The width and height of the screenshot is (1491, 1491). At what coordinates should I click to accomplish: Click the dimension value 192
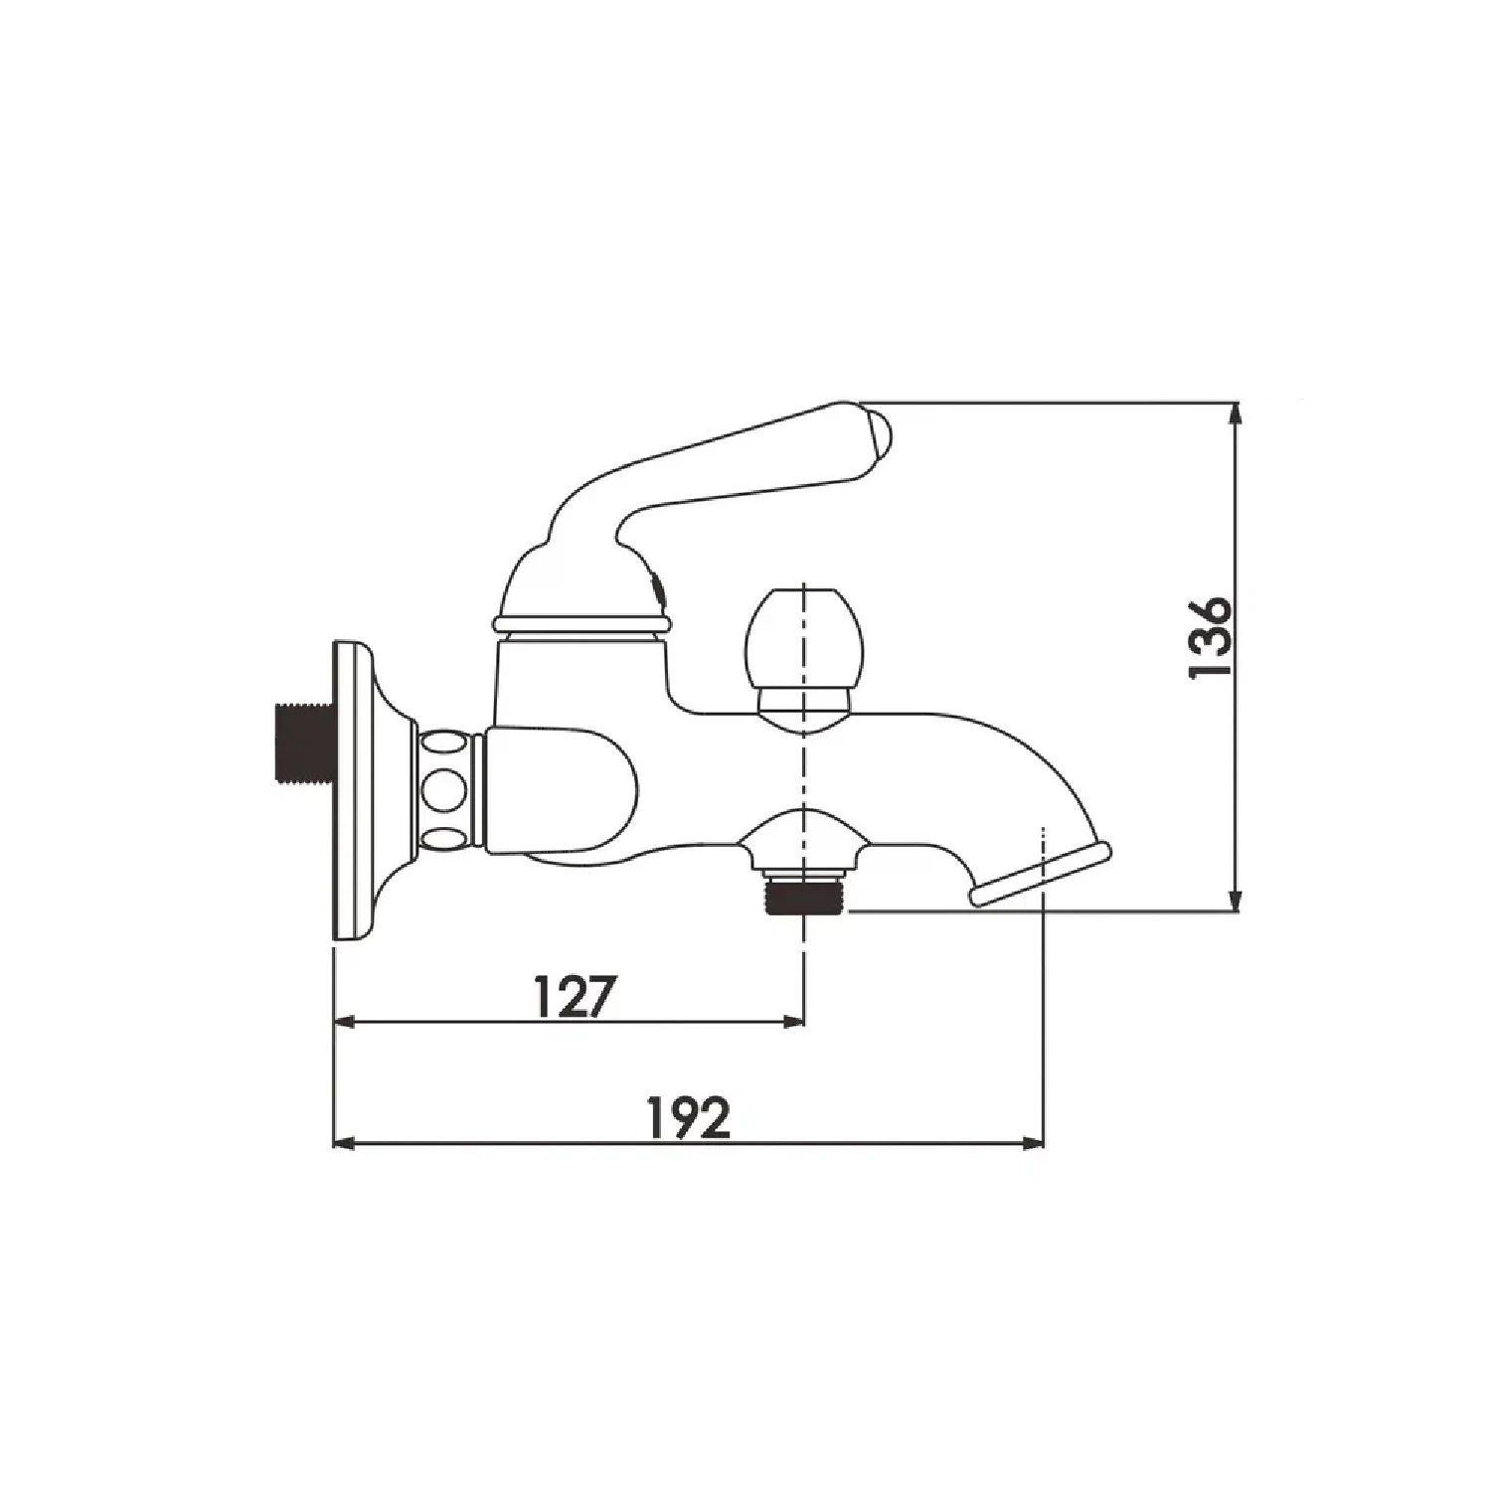point(689,1118)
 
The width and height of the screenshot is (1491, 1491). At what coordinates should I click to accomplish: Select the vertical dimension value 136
point(1211,637)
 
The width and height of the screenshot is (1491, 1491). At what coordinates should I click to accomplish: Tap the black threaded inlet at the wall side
point(302,745)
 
